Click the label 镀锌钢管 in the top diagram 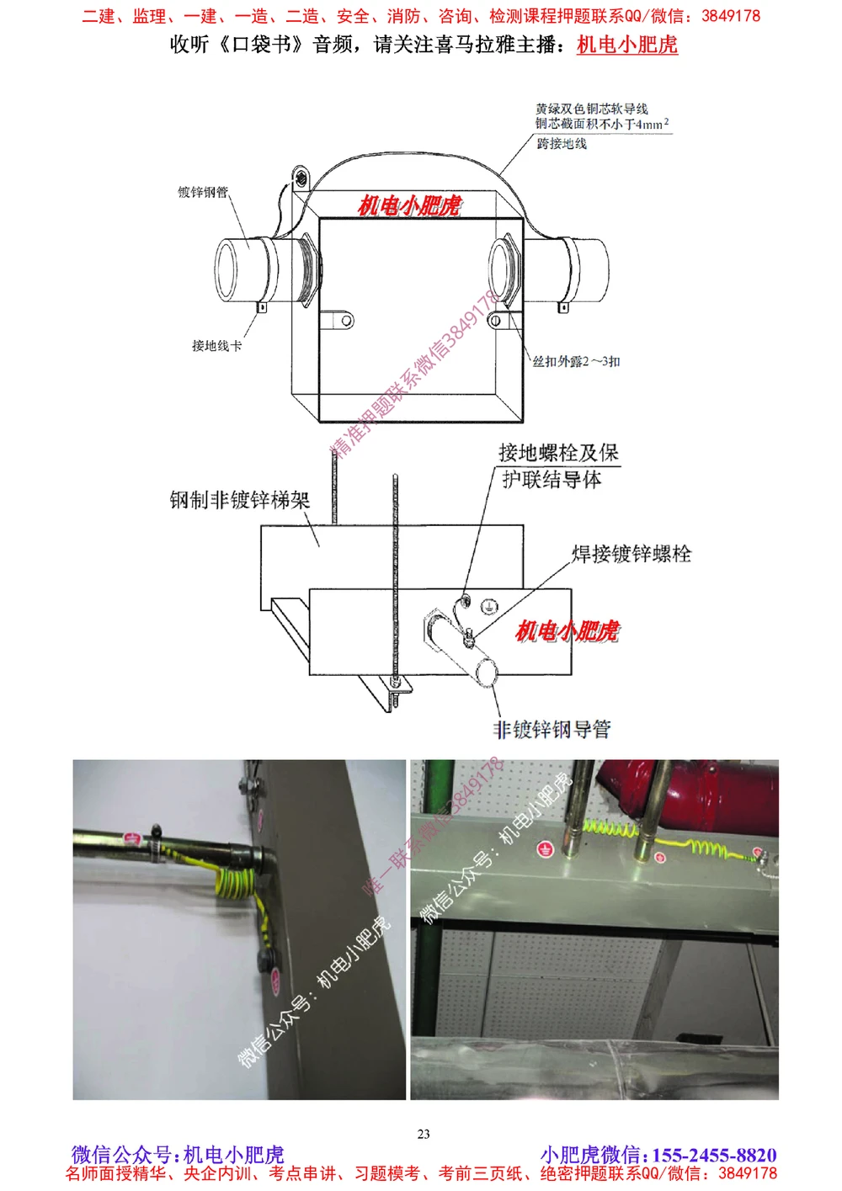tap(202, 192)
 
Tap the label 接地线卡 tap(216, 345)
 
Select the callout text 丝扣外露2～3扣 tap(576, 361)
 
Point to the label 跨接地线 tap(562, 144)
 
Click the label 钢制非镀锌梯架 tap(240, 500)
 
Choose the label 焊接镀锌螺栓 tap(631, 554)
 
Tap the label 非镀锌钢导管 tap(552, 729)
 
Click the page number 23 tap(424, 1134)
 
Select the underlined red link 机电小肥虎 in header tap(627, 45)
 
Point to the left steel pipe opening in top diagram tap(225, 270)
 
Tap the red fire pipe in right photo tap(707, 795)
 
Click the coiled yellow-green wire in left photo tap(231, 880)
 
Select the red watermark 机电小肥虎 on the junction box tap(409, 205)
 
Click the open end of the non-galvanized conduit tap(487, 672)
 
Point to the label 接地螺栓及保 tap(558, 453)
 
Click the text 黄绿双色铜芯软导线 tap(591, 109)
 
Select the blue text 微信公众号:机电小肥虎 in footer tap(178, 1155)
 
